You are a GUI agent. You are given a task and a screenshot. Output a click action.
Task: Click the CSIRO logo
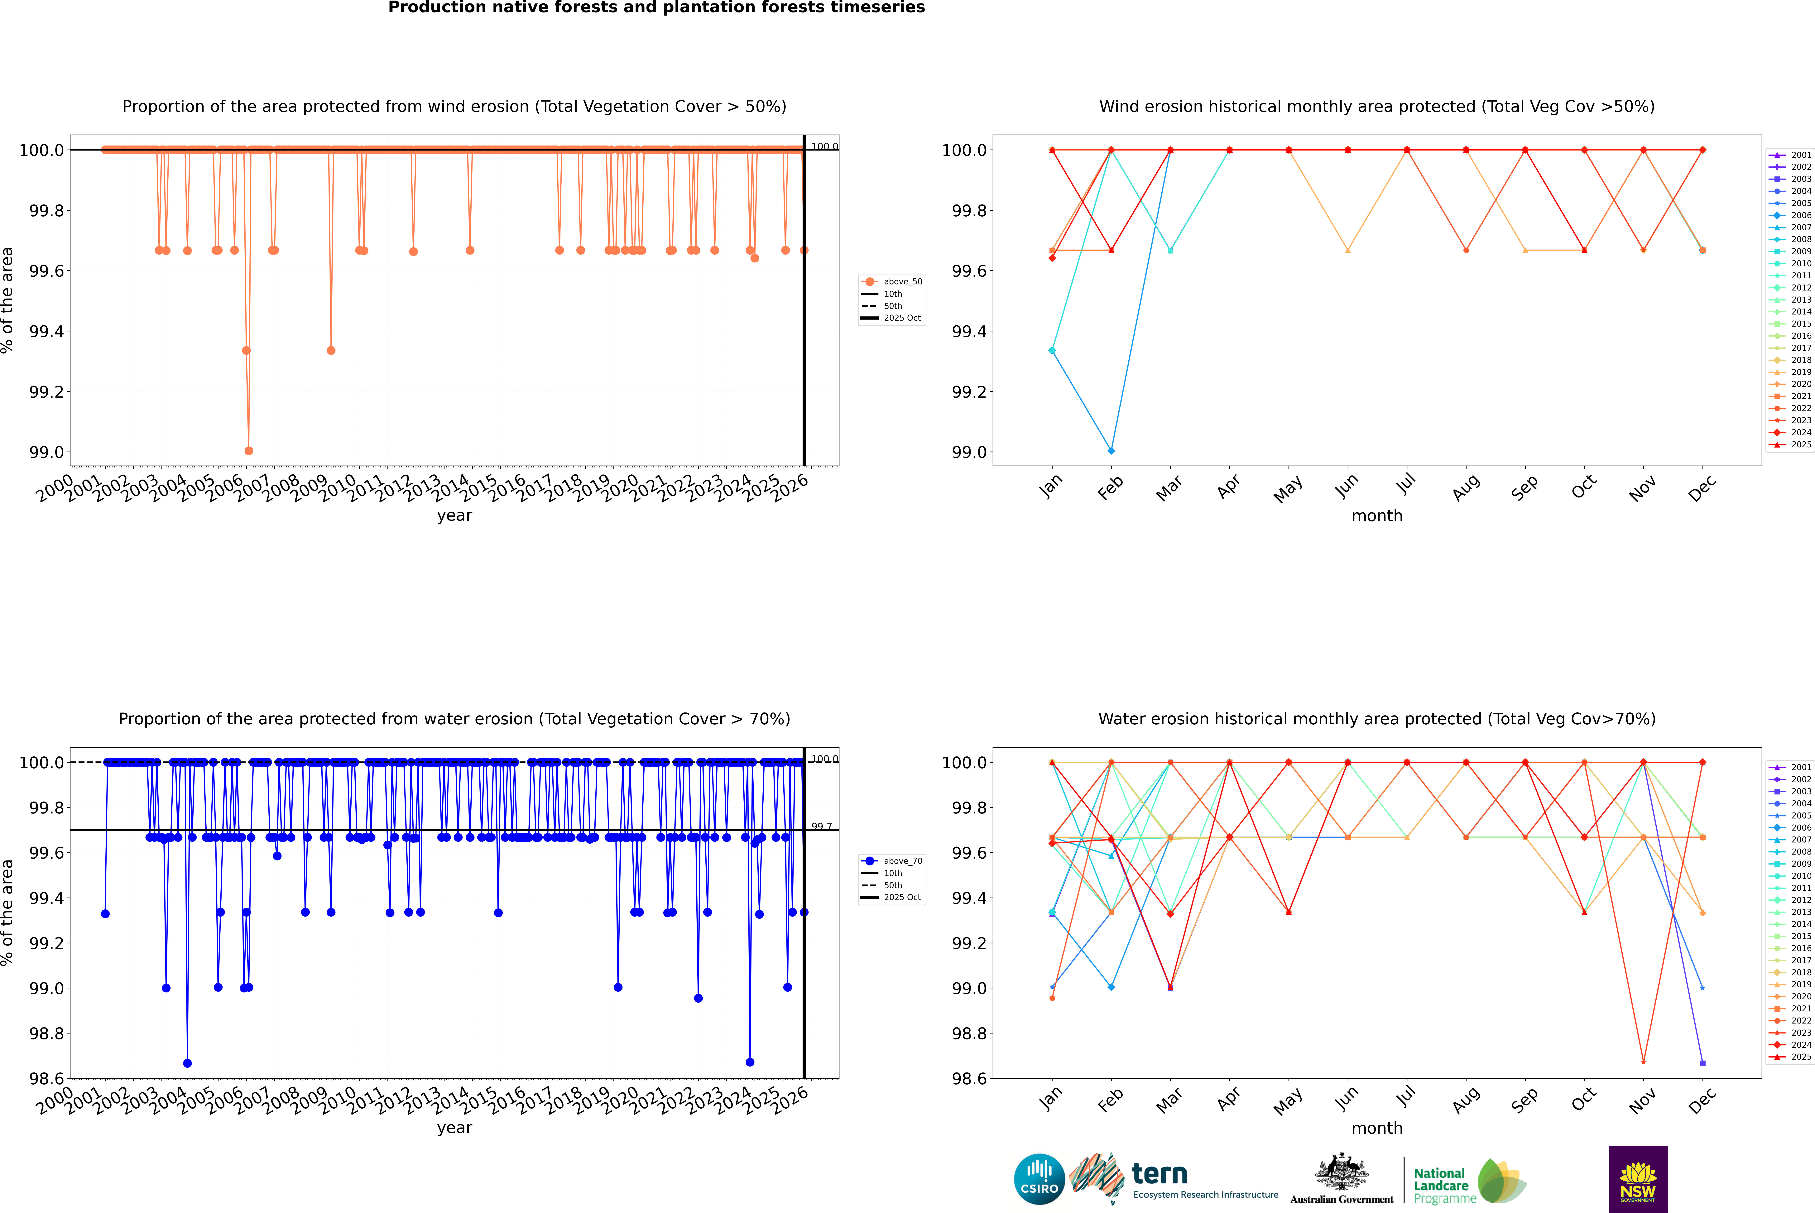[x=1039, y=1179]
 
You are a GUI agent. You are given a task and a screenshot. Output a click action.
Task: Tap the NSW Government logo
[x=1638, y=1179]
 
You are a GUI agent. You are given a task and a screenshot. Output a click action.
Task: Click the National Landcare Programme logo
[x=1468, y=1182]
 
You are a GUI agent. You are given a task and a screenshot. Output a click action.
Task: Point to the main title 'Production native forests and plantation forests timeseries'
[x=656, y=8]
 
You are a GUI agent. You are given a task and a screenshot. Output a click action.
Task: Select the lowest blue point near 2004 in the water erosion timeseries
[x=187, y=1063]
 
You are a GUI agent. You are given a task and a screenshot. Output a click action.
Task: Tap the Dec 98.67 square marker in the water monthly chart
[x=1702, y=1063]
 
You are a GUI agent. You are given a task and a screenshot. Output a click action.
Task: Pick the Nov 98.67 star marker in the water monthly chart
[x=1643, y=1061]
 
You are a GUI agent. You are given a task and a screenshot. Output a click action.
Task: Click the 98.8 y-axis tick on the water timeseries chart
[x=46, y=1033]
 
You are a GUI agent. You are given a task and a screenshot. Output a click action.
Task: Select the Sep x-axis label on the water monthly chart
[x=1524, y=1099]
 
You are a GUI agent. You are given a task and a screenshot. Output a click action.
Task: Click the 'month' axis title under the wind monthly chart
[x=1376, y=516]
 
